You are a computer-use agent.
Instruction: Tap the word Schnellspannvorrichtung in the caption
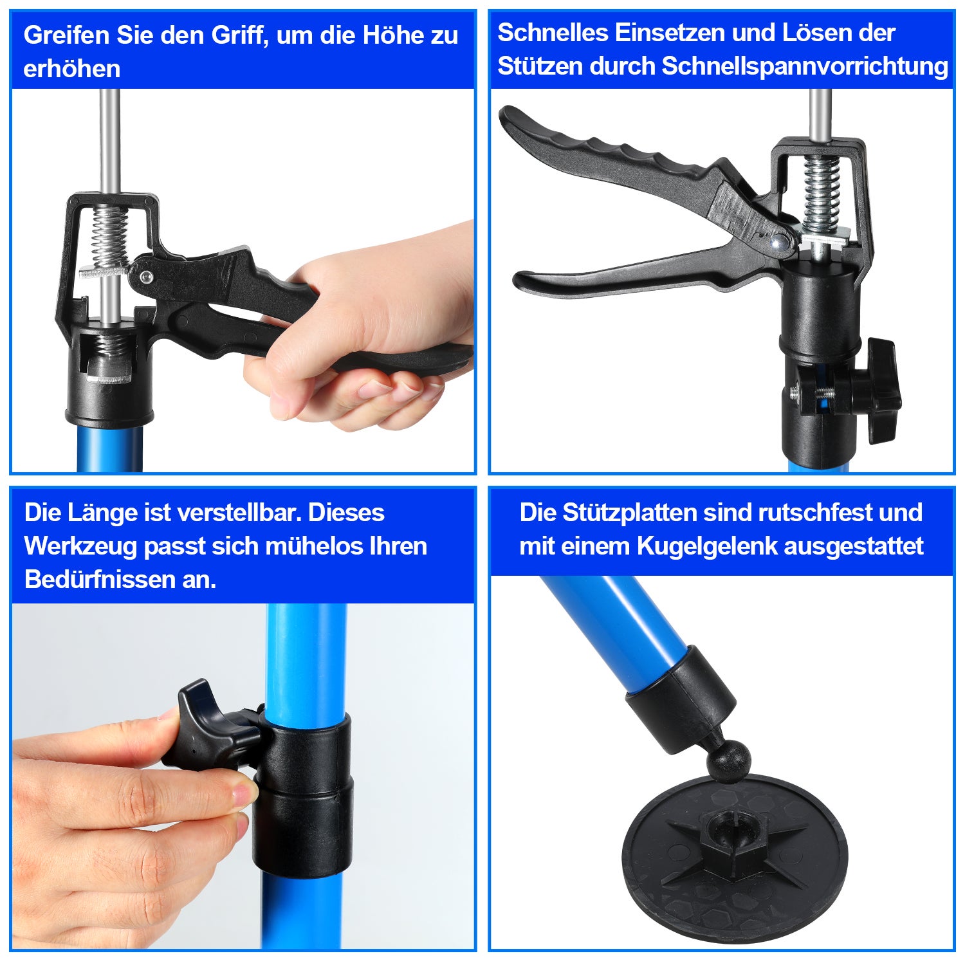[x=805, y=66]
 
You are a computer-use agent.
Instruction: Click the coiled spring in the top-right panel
[x=822, y=193]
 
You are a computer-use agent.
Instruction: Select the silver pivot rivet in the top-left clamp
[x=145, y=277]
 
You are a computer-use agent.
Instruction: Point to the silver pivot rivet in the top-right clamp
[x=780, y=241]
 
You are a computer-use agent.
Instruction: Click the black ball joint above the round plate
[x=728, y=762]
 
